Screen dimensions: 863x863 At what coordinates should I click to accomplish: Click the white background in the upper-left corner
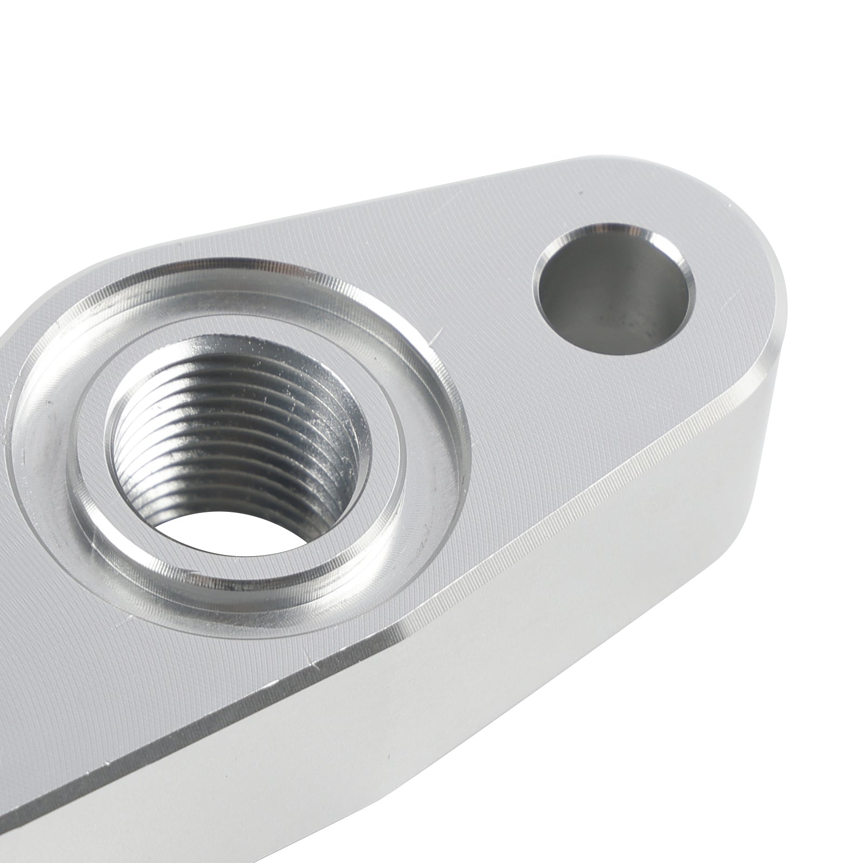coord(81,81)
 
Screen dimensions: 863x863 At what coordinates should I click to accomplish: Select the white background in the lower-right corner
coord(782,782)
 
